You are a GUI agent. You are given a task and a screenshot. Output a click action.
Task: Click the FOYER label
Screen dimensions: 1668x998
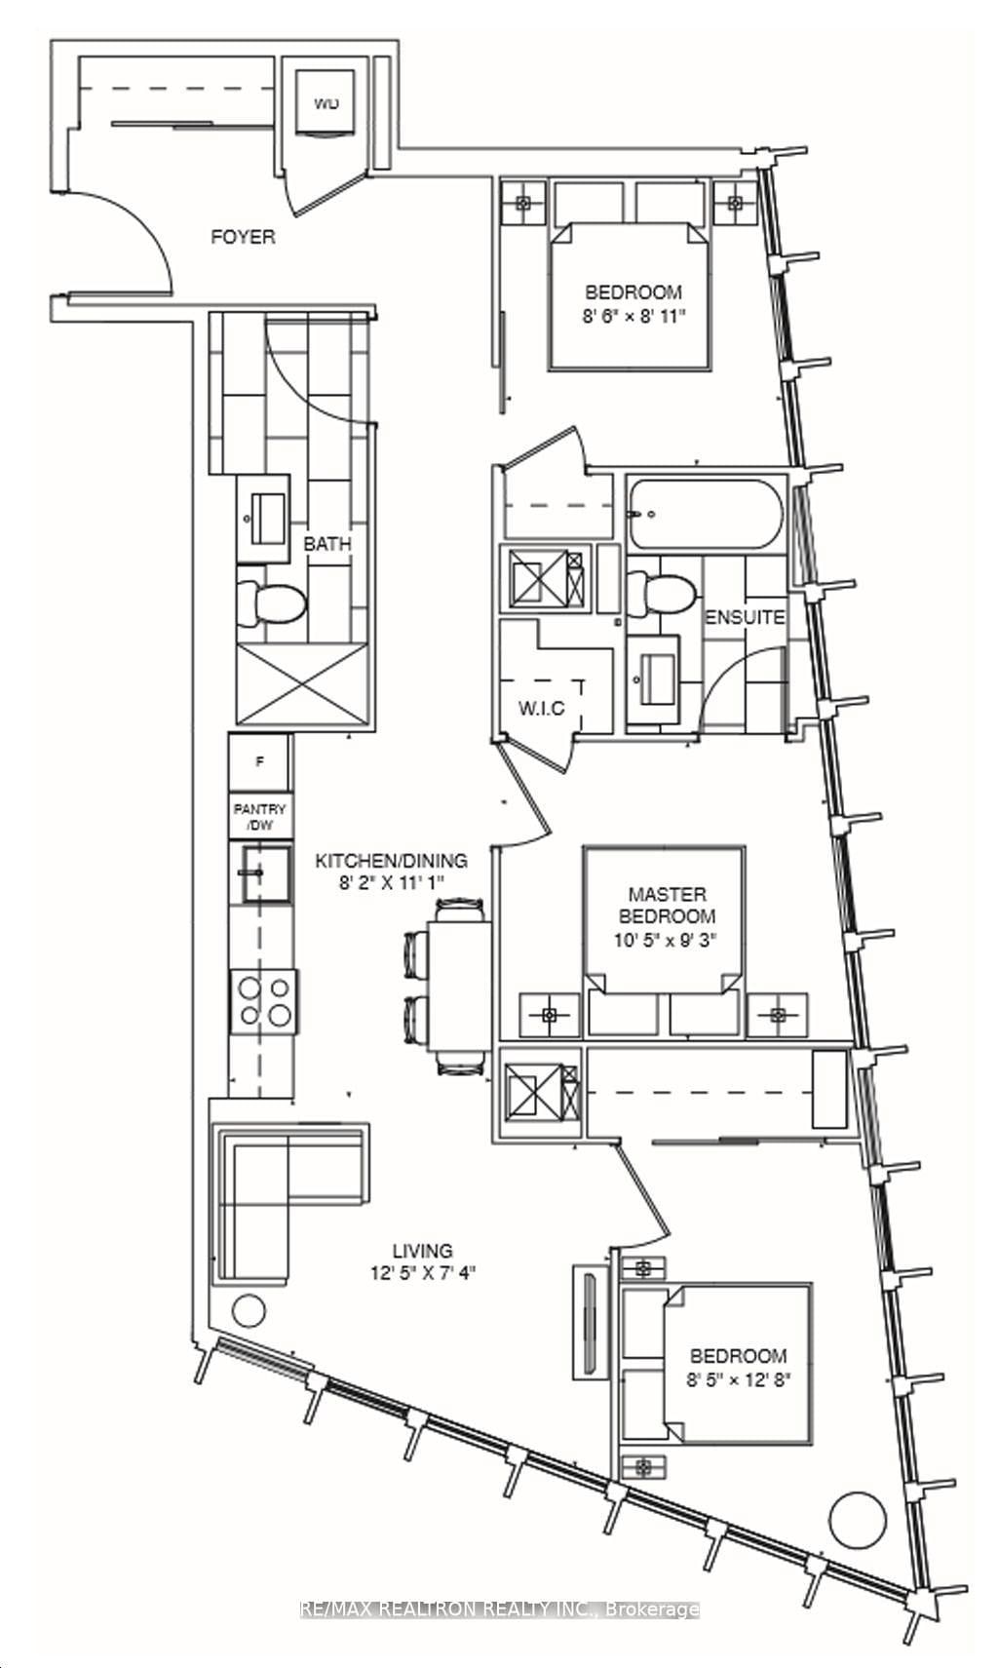[x=244, y=237]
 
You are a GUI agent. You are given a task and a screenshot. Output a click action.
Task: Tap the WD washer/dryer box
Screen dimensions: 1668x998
[x=326, y=104]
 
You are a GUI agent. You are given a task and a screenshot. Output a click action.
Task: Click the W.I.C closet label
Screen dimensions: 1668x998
[x=541, y=708]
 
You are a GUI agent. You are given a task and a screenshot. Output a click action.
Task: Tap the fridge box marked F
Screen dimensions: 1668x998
[x=259, y=762]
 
